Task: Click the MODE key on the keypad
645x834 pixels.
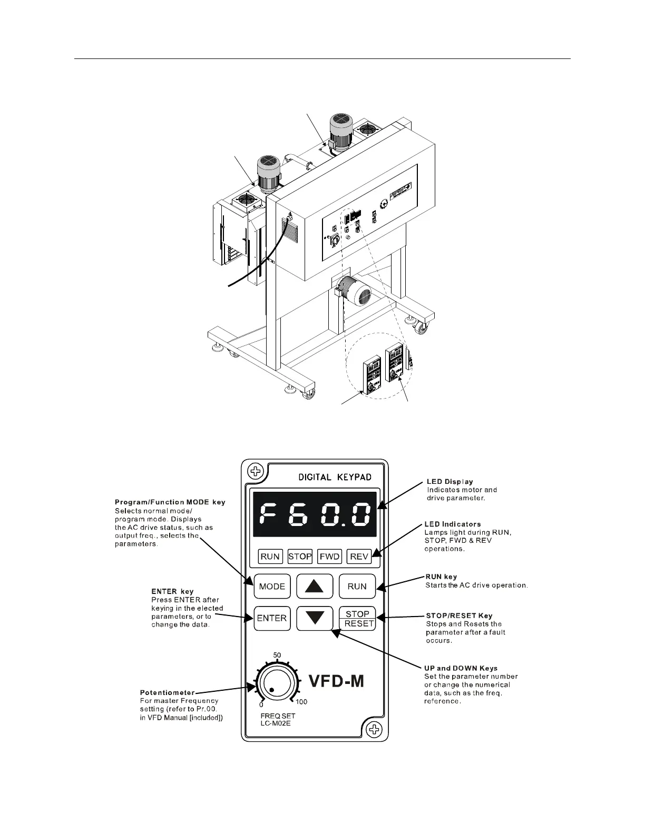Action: point(272,586)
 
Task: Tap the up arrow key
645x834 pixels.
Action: point(315,586)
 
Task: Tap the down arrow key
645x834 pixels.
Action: point(315,618)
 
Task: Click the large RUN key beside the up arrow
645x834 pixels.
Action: point(357,586)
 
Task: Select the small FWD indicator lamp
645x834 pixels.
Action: point(330,556)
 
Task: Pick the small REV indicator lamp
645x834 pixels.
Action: point(359,556)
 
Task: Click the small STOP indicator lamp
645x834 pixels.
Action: point(300,556)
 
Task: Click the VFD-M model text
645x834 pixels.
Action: point(336,681)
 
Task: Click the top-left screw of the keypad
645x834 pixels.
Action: point(256,470)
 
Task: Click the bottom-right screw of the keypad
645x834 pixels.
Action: point(374,729)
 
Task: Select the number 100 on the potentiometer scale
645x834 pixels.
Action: point(301,702)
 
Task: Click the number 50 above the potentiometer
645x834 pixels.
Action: point(277,655)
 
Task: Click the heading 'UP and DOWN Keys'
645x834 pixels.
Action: point(461,668)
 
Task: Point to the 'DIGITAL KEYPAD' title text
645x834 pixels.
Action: point(335,477)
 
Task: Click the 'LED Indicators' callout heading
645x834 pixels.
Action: point(453,524)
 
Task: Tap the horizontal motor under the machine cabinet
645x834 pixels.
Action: point(355,290)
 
